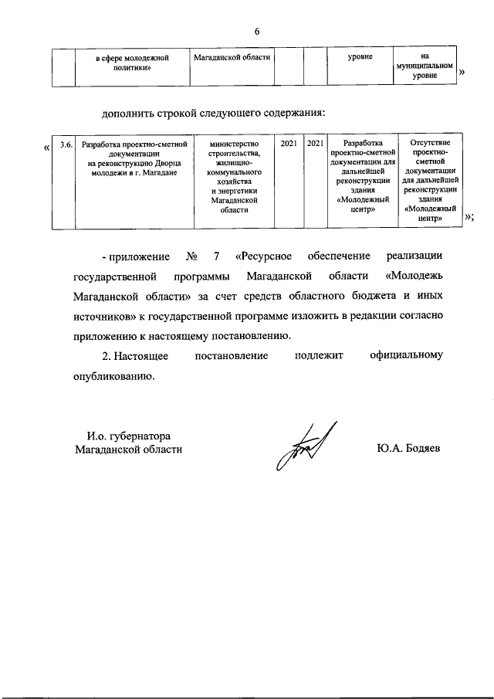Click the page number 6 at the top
[257, 31]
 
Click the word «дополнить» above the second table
[128, 114]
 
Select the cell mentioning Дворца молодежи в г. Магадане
[135, 161]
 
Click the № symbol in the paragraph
[192, 256]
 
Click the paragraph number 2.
[106, 356]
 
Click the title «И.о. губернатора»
[128, 435]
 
